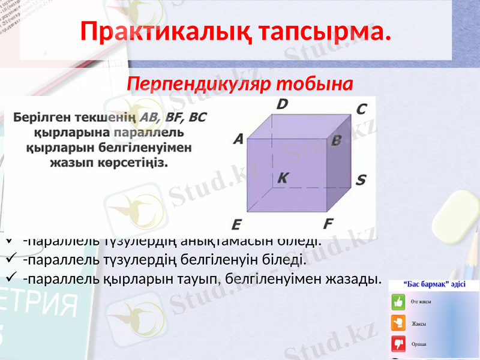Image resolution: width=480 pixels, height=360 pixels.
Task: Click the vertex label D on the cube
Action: (x=281, y=104)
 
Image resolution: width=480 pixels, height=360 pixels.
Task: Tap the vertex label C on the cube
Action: (x=361, y=109)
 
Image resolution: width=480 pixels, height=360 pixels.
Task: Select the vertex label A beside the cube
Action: (x=238, y=139)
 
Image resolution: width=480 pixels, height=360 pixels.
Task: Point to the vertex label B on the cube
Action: (x=336, y=140)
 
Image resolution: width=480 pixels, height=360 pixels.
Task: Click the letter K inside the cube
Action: (x=283, y=177)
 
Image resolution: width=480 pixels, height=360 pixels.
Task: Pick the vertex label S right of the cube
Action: (x=361, y=180)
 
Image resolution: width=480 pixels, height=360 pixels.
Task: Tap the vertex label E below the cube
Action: (x=236, y=225)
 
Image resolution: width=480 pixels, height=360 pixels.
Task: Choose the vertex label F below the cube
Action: (x=328, y=224)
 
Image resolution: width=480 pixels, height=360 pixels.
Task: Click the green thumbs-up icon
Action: (x=398, y=302)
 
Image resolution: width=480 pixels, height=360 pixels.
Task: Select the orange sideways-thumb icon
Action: (x=398, y=323)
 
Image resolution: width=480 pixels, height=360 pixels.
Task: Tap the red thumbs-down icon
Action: (x=398, y=344)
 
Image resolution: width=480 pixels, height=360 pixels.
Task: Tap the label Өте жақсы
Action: (x=421, y=302)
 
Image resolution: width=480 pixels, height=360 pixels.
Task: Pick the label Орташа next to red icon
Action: (x=419, y=344)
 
